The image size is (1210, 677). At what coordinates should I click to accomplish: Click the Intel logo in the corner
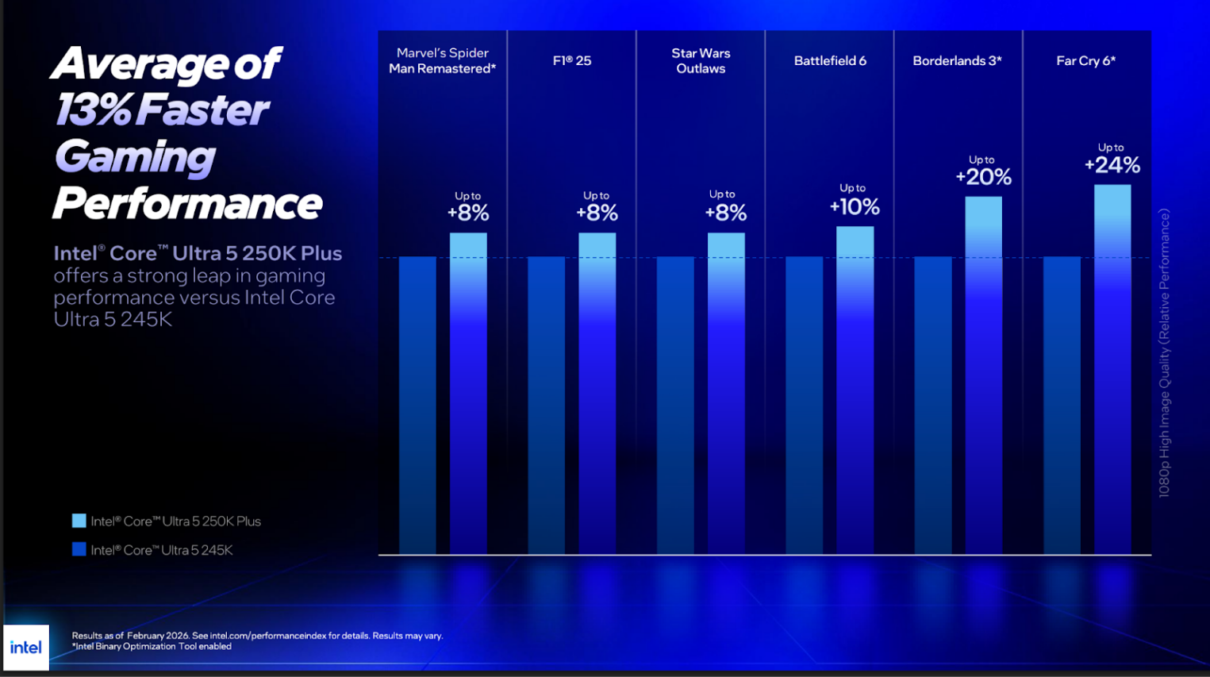(26, 648)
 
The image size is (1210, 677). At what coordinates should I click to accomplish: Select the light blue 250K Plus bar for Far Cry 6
(1112, 369)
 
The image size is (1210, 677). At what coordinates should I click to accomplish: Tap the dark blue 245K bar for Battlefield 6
(805, 405)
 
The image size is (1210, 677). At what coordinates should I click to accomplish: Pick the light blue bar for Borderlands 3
(983, 375)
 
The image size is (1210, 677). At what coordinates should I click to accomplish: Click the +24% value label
(1112, 165)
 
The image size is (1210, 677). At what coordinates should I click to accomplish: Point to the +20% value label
(983, 177)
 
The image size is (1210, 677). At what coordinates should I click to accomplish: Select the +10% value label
(855, 207)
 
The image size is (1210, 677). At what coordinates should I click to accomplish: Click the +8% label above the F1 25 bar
(597, 213)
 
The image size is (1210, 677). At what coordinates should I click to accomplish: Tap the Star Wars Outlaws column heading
(701, 61)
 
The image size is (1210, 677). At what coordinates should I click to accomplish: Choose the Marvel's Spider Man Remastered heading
(442, 61)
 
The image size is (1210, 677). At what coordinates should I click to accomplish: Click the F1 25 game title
(572, 61)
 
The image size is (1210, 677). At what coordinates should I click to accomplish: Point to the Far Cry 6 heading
(1085, 61)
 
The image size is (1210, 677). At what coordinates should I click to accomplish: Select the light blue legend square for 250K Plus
(79, 521)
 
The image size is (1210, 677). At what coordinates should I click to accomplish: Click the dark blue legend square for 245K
(79, 549)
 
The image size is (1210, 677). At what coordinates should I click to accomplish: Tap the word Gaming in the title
(135, 156)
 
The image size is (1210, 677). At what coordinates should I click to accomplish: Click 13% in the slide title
(93, 110)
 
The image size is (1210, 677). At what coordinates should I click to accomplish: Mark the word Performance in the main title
(187, 203)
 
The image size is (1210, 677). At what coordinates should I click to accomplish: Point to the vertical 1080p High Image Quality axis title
(1164, 353)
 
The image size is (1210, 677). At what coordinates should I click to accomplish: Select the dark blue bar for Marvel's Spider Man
(417, 405)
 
